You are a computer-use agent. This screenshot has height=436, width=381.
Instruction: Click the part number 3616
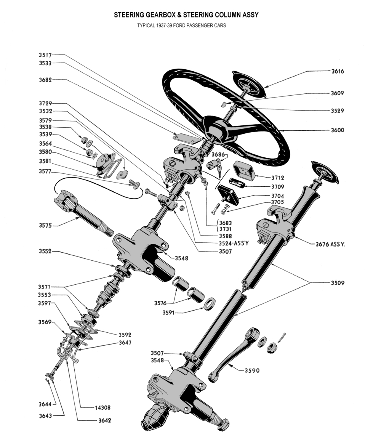[x=338, y=71]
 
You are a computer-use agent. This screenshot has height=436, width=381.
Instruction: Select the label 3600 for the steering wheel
[x=338, y=130]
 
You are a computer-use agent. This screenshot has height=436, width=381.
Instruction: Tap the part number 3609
[x=338, y=93]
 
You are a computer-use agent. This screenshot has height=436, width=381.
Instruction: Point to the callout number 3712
[x=278, y=178]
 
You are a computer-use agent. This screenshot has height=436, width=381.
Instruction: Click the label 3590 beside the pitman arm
[x=252, y=370]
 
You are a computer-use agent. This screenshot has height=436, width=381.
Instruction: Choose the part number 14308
[x=102, y=408]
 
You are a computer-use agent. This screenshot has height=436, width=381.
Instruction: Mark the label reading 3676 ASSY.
[x=330, y=244]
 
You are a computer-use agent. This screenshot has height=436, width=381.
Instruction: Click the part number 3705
[x=278, y=202]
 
